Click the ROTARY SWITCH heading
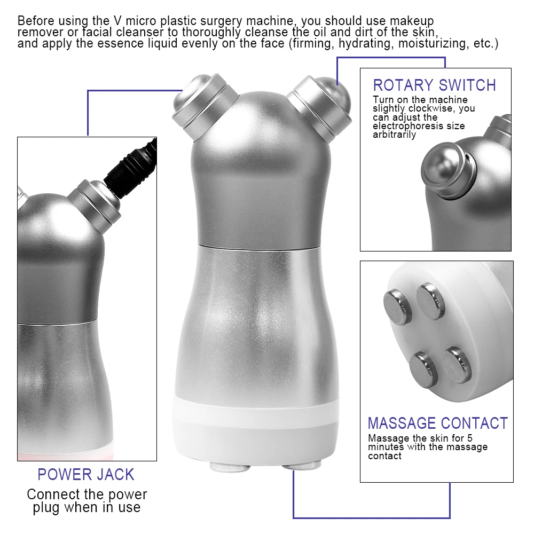point(434,85)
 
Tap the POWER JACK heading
point(85,474)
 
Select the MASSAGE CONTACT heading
point(437,423)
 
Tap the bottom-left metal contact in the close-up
point(425,368)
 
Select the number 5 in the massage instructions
point(469,438)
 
